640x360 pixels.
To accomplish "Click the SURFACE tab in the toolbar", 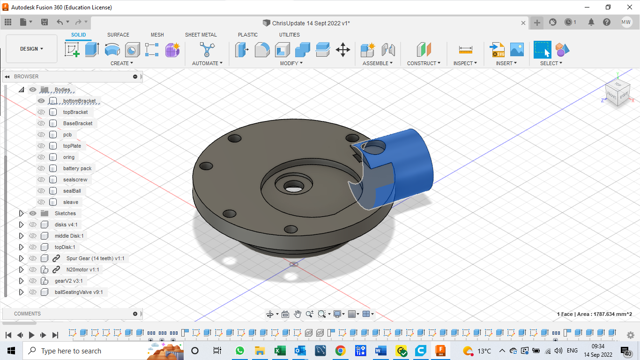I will click(x=118, y=35).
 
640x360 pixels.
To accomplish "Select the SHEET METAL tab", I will click(x=201, y=35).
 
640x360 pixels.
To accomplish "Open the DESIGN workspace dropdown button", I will click(x=31, y=49).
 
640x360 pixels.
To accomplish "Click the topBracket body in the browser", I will click(x=75, y=112).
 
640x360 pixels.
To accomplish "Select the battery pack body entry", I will click(x=77, y=168).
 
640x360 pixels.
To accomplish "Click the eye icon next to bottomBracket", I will click(x=41, y=101).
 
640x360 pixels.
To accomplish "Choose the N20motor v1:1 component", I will click(x=82, y=270).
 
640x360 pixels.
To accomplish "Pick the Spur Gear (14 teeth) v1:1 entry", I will click(x=96, y=258).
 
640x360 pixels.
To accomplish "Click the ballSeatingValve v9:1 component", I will click(x=79, y=292).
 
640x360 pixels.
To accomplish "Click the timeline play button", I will click(x=32, y=335).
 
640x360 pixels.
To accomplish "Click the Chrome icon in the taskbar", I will click(x=341, y=351).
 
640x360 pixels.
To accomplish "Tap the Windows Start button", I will click(x=11, y=351).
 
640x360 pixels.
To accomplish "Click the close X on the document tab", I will click(x=524, y=23).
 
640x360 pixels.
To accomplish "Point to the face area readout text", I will click(x=594, y=314).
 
